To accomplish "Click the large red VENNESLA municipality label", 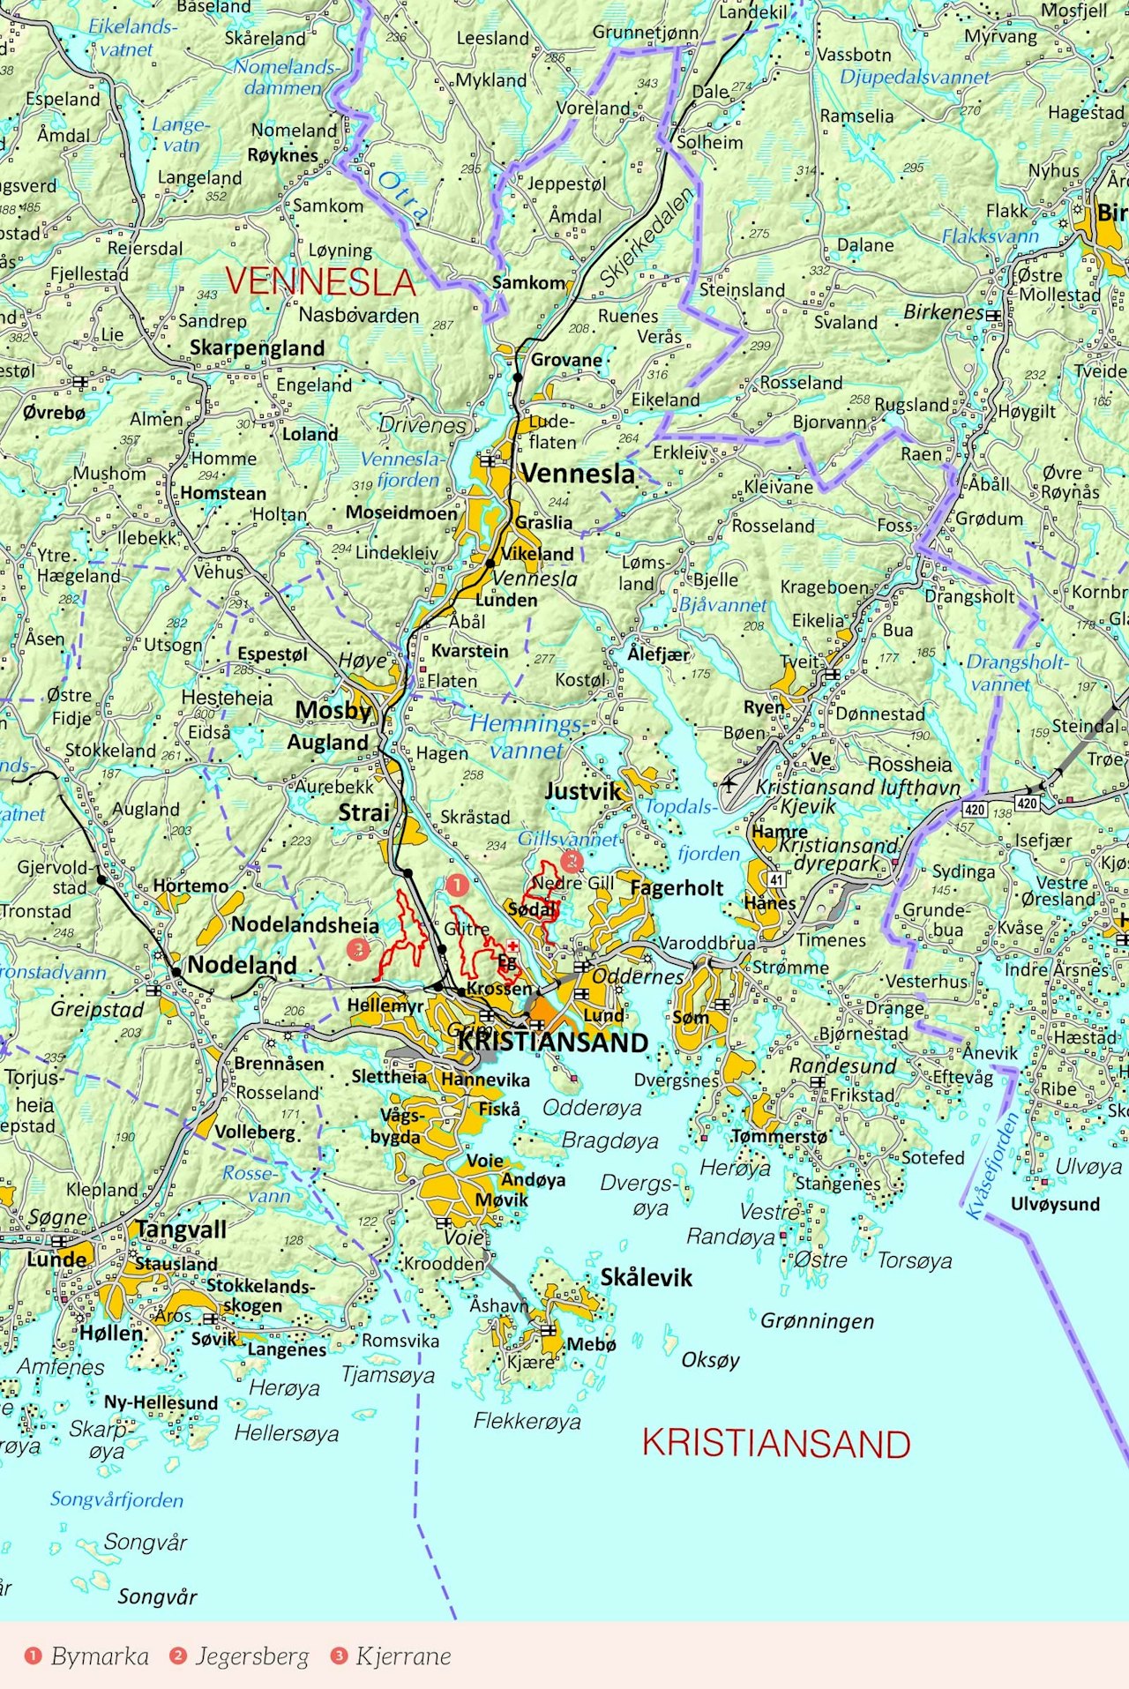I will pos(319,282).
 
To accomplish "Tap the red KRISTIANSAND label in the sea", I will pos(776,1445).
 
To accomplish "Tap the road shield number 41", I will pos(776,879).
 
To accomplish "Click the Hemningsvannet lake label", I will pos(526,737).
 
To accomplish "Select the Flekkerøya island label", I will pos(527,1421).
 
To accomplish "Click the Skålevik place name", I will pos(647,1277).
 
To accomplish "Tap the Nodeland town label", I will pos(242,965).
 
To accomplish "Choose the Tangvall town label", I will pos(181,1229).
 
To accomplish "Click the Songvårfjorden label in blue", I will pos(116,1499).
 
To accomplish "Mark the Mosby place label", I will pos(333,710).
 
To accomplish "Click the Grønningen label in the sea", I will pos(817,1320).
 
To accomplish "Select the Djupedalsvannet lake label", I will pos(915,77).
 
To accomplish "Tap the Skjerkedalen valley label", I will pos(647,236).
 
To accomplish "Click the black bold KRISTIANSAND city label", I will pos(553,1043).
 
